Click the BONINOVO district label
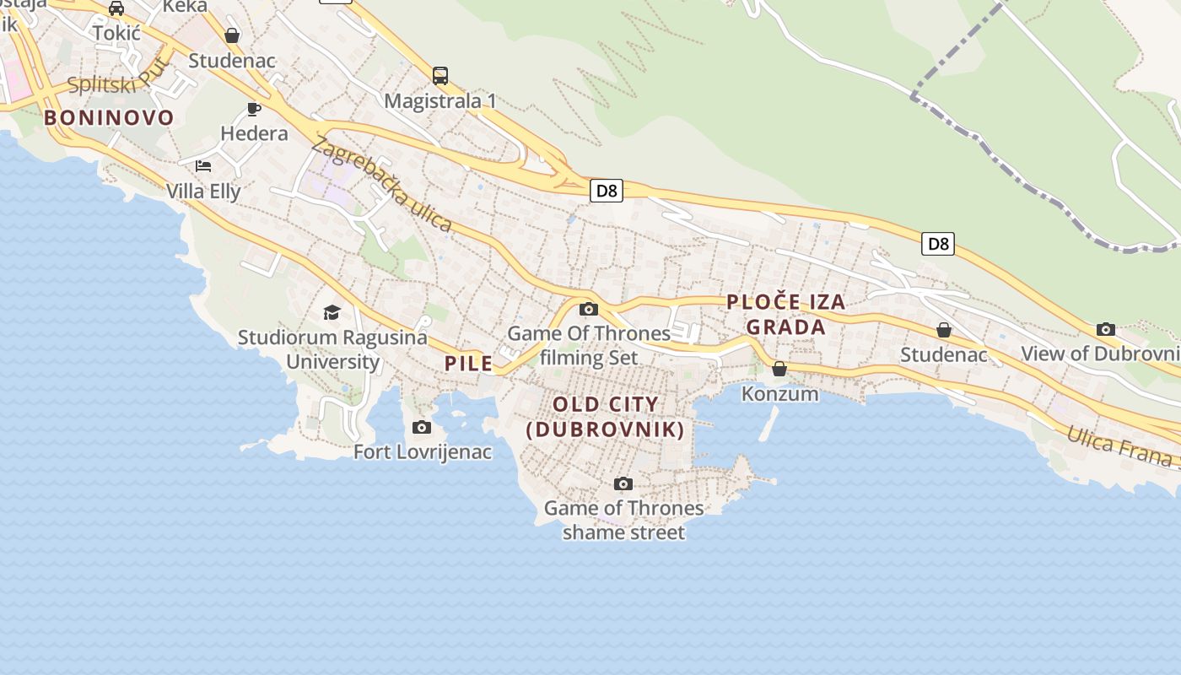(109, 117)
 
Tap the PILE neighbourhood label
(468, 364)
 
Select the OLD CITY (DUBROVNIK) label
(605, 416)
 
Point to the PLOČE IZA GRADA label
(785, 314)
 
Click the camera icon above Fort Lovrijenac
(422, 428)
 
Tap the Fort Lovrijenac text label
(422, 452)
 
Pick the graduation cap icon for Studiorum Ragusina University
(332, 313)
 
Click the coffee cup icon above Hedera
(253, 109)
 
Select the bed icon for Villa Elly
(203, 165)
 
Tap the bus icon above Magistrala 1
(440, 76)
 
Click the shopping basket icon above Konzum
(779, 369)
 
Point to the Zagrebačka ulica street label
(381, 183)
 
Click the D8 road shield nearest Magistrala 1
(607, 191)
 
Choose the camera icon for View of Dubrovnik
(1105, 329)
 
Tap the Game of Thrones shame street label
(623, 520)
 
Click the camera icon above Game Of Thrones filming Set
(589, 309)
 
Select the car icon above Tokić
(116, 8)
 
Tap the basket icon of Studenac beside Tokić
(232, 35)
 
